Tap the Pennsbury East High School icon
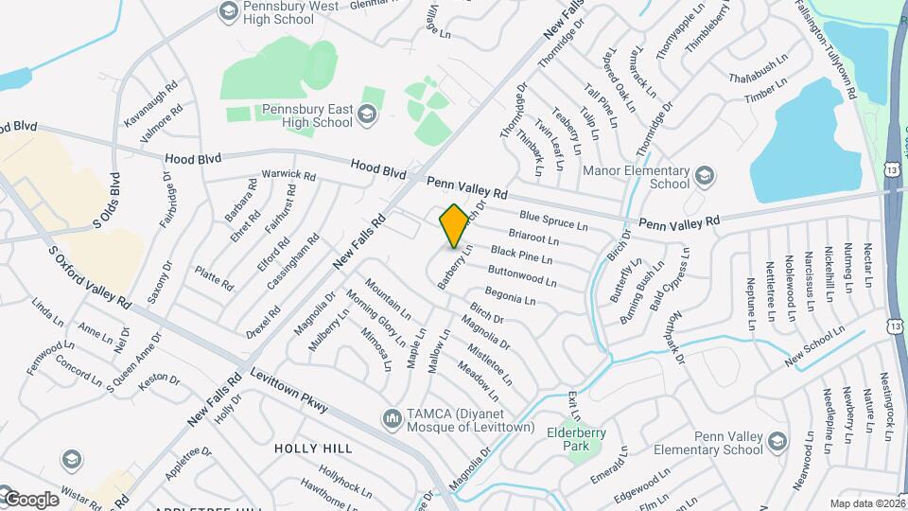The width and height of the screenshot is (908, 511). pos(367,115)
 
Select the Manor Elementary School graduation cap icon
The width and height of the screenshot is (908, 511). pos(704,176)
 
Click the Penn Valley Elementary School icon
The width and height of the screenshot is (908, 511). pos(777,442)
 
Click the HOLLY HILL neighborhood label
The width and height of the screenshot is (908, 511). pos(313,448)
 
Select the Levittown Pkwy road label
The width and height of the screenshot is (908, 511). pos(289,391)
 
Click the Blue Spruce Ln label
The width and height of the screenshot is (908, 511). pos(553,220)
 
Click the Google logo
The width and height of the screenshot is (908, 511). pos(31,499)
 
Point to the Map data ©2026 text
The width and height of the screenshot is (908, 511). pos(867,503)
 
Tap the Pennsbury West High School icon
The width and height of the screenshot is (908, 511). pos(228,11)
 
